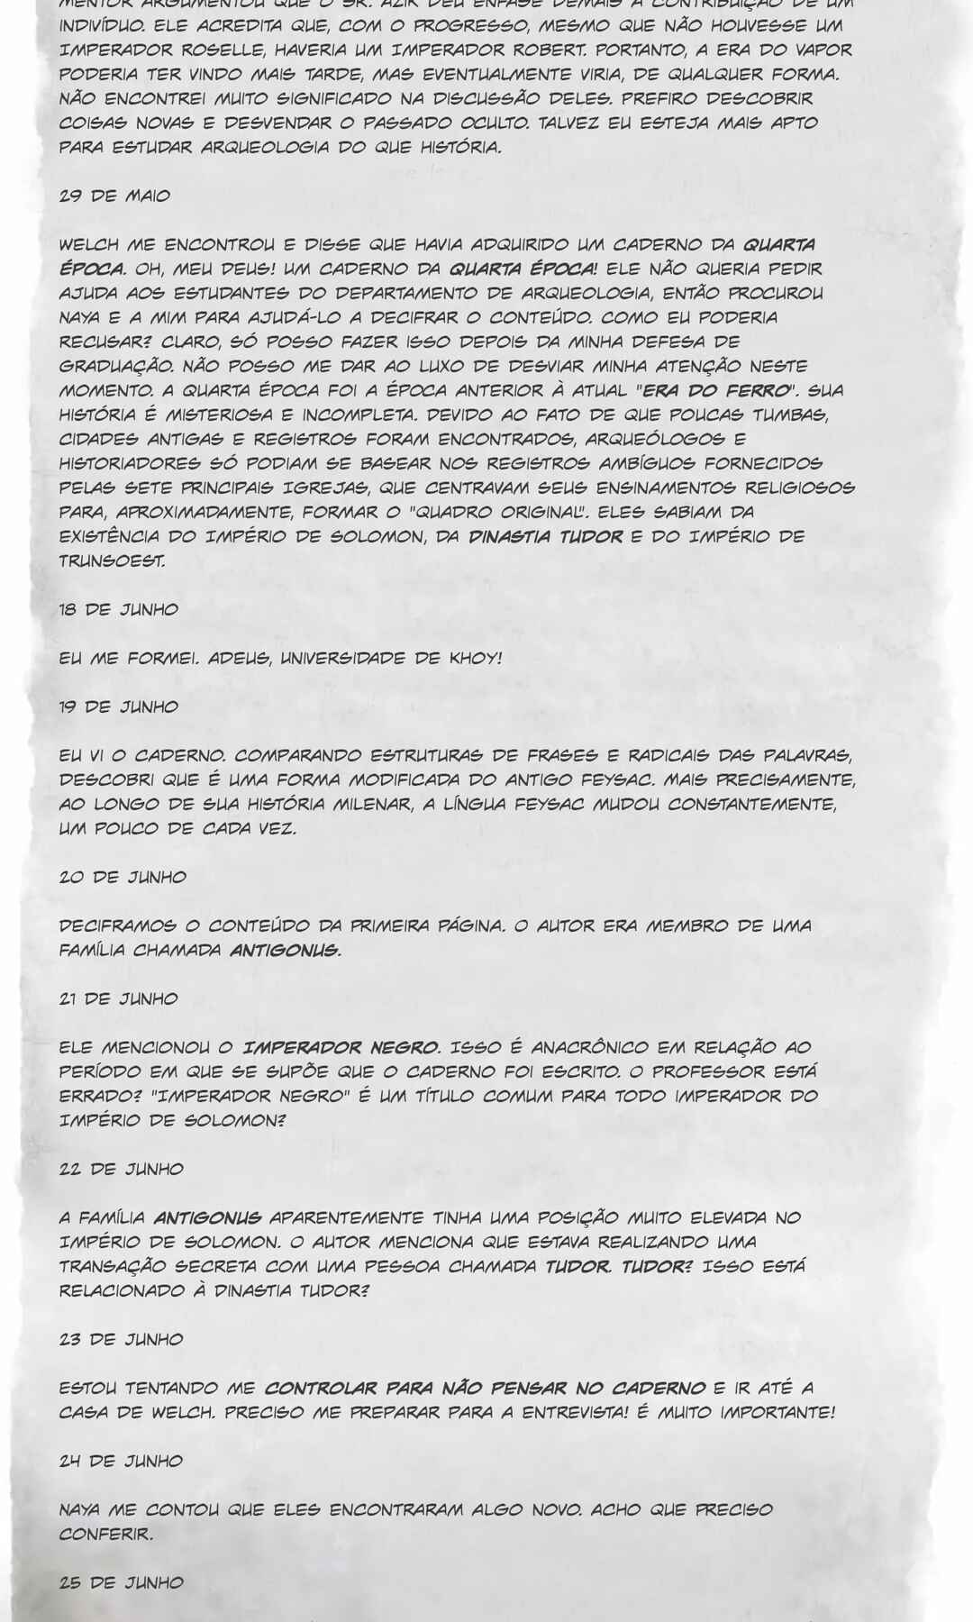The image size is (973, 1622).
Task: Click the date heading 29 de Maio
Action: coord(114,196)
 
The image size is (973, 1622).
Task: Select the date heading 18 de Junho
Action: coord(119,609)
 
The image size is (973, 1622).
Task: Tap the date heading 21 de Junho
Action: coord(118,998)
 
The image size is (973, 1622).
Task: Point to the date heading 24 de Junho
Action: coord(121,1461)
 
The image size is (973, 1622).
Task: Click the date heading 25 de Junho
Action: coord(121,1582)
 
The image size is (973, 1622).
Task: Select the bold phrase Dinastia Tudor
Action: coord(546,536)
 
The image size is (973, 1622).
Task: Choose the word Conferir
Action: coord(105,1534)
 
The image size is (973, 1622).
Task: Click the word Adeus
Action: coord(234,658)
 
